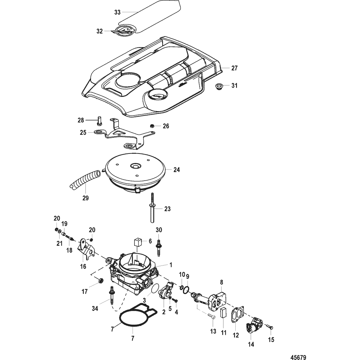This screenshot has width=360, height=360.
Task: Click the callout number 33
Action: click(x=117, y=12)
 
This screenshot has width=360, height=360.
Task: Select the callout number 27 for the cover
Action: click(x=234, y=68)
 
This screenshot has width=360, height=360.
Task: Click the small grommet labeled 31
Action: click(x=219, y=87)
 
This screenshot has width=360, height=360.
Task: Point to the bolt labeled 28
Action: click(x=99, y=121)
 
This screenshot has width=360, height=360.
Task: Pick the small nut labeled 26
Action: click(x=152, y=126)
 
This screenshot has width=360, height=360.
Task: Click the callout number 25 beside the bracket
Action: click(x=83, y=133)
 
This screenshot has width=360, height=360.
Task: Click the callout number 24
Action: click(x=176, y=170)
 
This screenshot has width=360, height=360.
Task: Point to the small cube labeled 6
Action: click(x=137, y=242)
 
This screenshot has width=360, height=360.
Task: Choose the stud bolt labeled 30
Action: click(x=158, y=249)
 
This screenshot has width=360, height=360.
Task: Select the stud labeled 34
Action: click(x=113, y=295)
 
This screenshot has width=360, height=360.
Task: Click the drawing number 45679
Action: click(x=298, y=357)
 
